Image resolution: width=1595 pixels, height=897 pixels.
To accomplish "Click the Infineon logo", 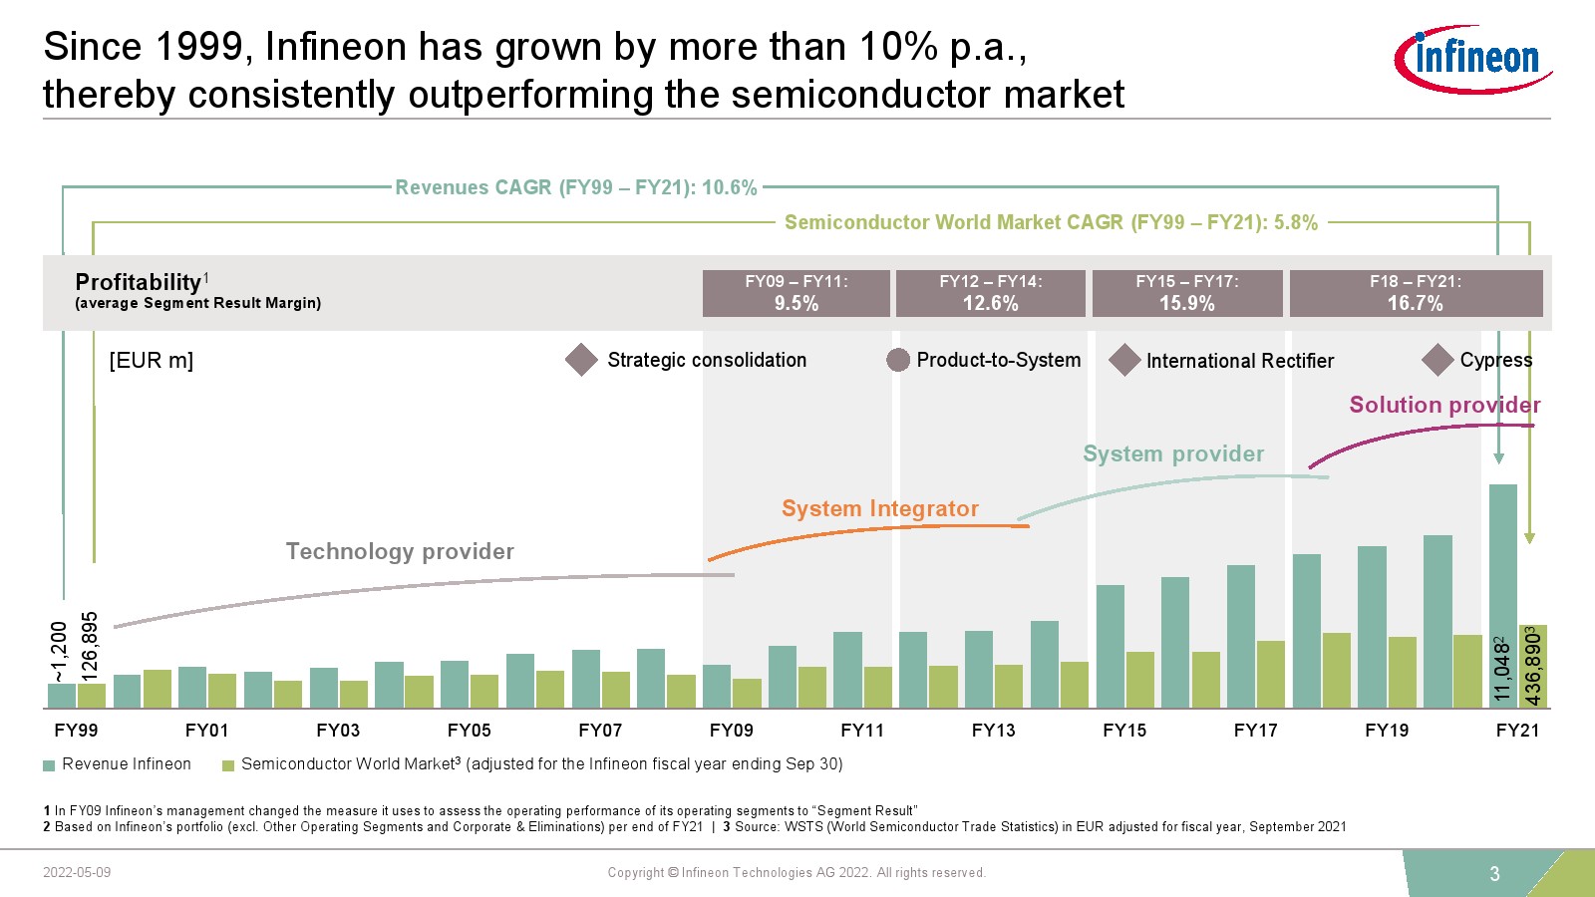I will point(1472,60).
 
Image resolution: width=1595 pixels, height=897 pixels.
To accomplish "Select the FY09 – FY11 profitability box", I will point(796,293).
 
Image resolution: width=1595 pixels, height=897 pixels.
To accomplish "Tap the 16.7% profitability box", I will point(1416,293).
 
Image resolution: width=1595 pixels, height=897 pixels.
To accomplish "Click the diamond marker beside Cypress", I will point(1437,360).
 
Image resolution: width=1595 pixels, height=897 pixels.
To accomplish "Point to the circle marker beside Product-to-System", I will point(898,360).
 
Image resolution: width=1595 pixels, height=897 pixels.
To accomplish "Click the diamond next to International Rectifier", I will point(1124,360).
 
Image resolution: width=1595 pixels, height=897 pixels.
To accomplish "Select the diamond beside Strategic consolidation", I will point(581,360).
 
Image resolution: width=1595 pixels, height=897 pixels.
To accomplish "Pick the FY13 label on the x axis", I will point(993,731).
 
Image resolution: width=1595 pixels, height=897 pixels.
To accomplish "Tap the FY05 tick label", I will point(469,731).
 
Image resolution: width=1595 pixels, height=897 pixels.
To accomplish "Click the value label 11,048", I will point(1502,669).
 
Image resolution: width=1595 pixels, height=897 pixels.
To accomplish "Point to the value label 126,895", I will point(90,647).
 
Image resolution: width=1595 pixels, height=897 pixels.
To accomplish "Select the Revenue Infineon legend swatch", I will point(49,765).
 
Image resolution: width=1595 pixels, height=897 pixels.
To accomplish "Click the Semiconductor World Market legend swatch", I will point(228,765).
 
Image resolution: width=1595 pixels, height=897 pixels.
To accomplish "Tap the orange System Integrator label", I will point(879,508).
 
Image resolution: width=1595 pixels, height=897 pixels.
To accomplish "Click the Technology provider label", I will point(400,551).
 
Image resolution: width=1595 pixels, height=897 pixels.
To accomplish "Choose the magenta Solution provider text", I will point(1444,405).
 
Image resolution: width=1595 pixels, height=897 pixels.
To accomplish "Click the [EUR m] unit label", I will point(151,361).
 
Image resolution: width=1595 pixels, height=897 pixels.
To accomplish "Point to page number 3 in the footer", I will point(1494,874).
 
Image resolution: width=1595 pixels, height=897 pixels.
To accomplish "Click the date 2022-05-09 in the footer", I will point(77,873).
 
